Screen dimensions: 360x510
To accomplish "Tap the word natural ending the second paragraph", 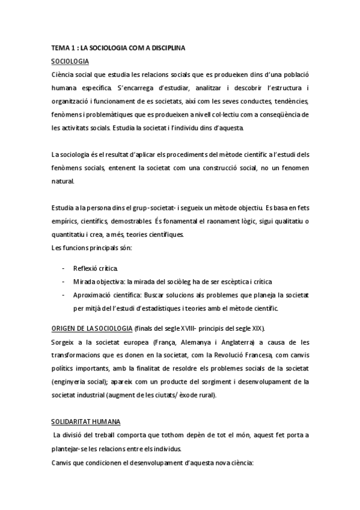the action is coord(63,180).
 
